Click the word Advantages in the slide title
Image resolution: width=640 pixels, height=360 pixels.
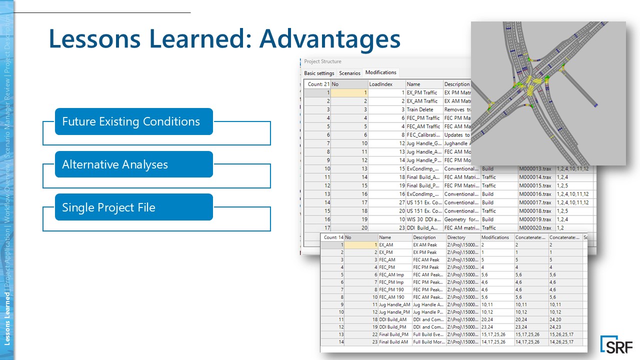[x=329, y=39]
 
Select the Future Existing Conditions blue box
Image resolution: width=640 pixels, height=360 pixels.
[x=133, y=121]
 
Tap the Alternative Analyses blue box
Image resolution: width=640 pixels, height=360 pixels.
[x=133, y=164]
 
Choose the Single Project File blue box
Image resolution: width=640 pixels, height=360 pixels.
[x=133, y=207]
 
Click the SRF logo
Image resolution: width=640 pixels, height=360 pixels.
[x=616, y=345]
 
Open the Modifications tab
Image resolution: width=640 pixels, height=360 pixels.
[x=380, y=72]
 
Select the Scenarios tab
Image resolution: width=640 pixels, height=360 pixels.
[x=349, y=73]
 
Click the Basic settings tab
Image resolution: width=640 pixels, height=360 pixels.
[x=319, y=73]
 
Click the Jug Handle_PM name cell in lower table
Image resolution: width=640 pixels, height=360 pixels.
[x=394, y=312]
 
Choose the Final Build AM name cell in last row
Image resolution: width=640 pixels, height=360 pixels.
[x=394, y=342]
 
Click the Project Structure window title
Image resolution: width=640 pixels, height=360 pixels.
[x=322, y=61]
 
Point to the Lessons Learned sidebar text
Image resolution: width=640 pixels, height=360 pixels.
[x=7, y=319]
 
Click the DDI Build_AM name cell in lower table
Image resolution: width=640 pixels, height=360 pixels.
[x=394, y=319]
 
